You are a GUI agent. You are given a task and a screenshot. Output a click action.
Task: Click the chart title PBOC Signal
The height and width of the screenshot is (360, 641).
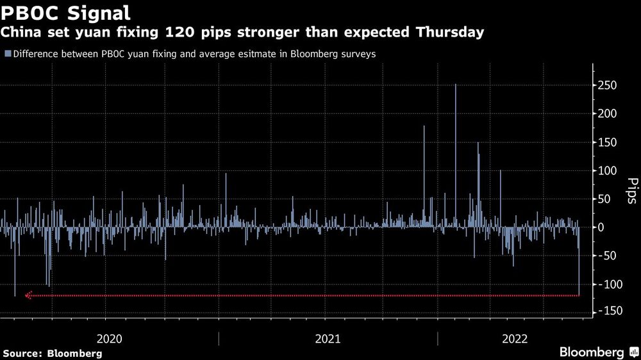click(x=67, y=12)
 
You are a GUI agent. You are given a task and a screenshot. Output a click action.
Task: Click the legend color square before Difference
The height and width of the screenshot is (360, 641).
click(x=7, y=54)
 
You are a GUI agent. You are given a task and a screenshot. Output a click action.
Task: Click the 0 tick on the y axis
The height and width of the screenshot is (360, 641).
click(x=601, y=227)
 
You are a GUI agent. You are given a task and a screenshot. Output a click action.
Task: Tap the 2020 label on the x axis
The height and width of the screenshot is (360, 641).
click(x=109, y=339)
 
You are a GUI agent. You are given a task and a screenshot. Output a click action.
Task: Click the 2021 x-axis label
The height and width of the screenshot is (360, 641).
click(x=328, y=339)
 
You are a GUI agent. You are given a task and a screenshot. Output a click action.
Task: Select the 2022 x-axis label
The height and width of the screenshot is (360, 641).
click(x=515, y=339)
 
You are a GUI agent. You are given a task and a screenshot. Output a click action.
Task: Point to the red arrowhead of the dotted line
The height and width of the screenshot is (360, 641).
click(x=28, y=295)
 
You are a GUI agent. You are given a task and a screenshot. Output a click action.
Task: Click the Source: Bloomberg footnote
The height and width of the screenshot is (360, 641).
click(x=53, y=353)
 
